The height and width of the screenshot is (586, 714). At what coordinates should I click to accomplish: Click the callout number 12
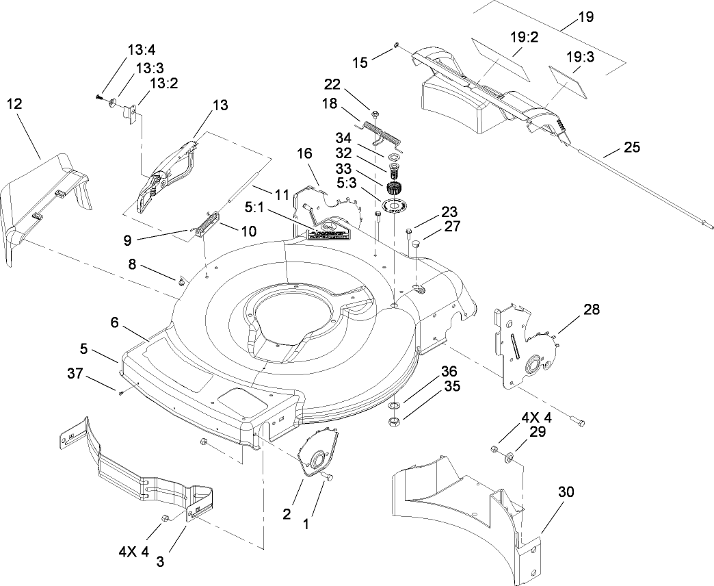point(14,104)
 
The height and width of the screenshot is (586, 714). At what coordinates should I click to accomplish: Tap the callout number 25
point(633,146)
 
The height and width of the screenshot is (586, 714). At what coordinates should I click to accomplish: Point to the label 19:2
point(524,37)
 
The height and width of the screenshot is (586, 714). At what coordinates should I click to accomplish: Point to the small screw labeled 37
point(120,392)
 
